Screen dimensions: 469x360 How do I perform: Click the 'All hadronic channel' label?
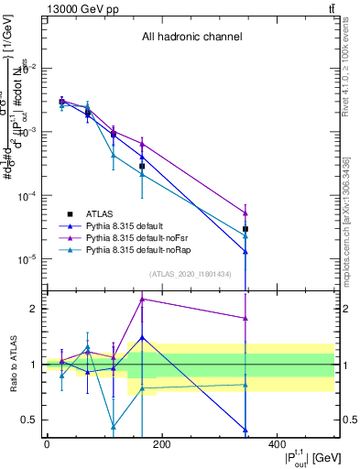[x=191, y=38]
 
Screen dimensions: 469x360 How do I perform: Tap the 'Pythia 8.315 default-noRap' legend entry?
[x=138, y=249]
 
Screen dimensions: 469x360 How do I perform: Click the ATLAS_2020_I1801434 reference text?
[x=191, y=274]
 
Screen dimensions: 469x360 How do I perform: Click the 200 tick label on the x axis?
[x=162, y=444]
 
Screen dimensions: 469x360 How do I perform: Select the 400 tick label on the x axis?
[x=278, y=444]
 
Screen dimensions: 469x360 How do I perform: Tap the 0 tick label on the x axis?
[x=47, y=444]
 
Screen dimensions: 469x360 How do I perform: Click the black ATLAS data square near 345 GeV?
[x=245, y=229]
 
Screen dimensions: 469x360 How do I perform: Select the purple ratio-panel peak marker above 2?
[x=142, y=299]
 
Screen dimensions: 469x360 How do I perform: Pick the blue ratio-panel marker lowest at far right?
[x=245, y=430]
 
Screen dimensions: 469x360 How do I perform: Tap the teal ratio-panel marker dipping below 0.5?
[x=113, y=427]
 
